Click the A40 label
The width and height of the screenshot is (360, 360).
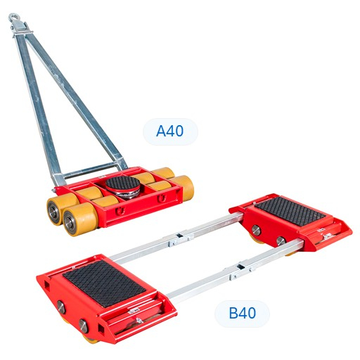[170, 131]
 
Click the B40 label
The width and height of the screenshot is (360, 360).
[242, 313]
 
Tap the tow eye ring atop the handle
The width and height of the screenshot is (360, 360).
[13, 18]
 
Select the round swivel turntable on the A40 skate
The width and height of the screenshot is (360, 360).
[122, 187]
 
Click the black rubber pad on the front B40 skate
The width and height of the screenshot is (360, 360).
[104, 283]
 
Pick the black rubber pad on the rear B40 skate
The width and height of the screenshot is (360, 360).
[290, 211]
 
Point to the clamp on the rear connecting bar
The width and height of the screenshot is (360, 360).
[181, 240]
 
